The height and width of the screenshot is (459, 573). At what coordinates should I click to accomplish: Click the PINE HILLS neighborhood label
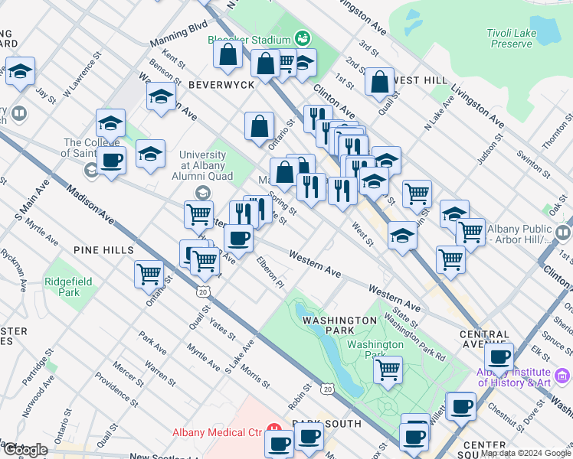103,250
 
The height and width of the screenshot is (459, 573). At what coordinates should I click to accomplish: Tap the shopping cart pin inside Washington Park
388,370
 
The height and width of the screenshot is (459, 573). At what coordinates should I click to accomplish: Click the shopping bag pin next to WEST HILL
379,82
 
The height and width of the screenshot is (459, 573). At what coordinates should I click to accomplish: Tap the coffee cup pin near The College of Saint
111,161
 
